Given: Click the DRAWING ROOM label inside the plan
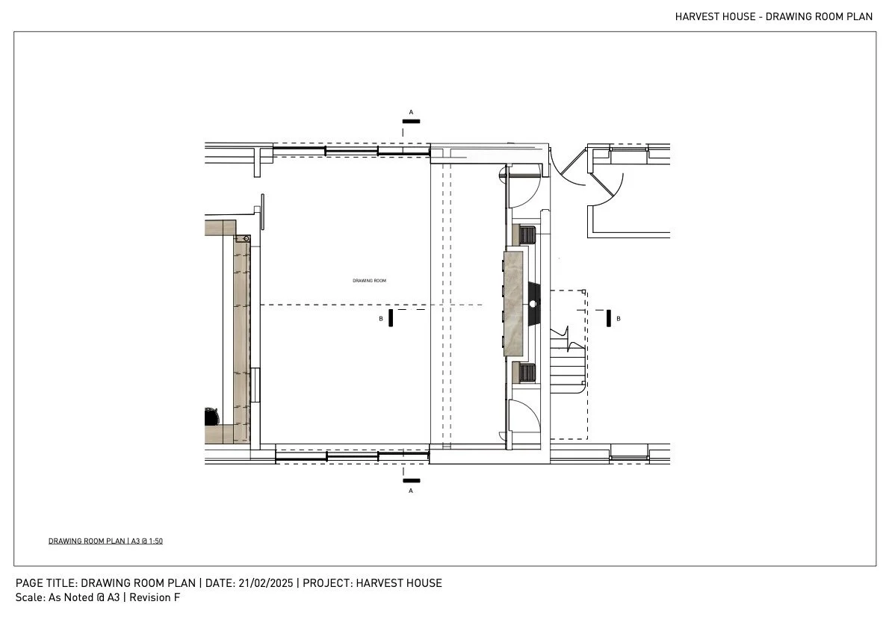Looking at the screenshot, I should click(x=369, y=281).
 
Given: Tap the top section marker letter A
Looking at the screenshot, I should click(x=410, y=112).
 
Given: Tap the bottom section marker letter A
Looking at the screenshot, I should click(x=410, y=491).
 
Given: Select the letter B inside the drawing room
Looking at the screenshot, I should click(x=381, y=319).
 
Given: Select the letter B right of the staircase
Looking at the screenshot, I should click(x=618, y=319).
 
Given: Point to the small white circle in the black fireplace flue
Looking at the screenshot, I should click(x=533, y=304).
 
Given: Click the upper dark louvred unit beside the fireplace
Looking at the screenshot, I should click(x=527, y=235).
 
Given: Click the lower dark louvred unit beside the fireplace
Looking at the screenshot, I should click(x=527, y=372).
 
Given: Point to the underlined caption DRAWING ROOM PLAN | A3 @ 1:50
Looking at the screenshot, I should click(x=105, y=541).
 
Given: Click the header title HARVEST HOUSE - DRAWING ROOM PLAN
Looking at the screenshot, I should click(x=773, y=16).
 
